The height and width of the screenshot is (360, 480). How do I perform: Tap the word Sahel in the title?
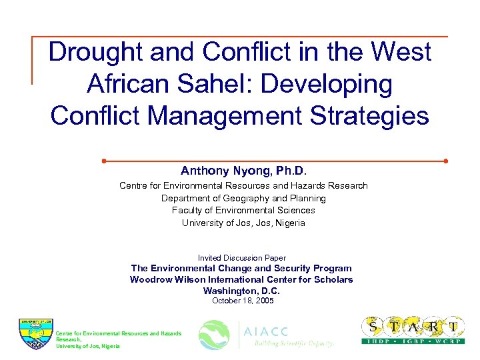(x=217, y=83)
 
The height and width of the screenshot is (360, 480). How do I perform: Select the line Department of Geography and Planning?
(x=243, y=198)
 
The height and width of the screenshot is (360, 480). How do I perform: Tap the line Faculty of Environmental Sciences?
(x=243, y=210)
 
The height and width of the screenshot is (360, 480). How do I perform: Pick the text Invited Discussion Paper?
(x=241, y=258)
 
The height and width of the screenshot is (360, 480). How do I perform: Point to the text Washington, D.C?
(x=241, y=291)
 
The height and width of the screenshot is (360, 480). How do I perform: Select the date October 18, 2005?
(x=243, y=301)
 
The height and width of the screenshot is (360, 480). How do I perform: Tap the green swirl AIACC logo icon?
(x=215, y=335)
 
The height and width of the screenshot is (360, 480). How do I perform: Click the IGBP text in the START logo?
(x=413, y=341)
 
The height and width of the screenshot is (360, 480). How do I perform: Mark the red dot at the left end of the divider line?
(x=104, y=161)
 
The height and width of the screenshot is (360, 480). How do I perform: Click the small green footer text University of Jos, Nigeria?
(x=88, y=346)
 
